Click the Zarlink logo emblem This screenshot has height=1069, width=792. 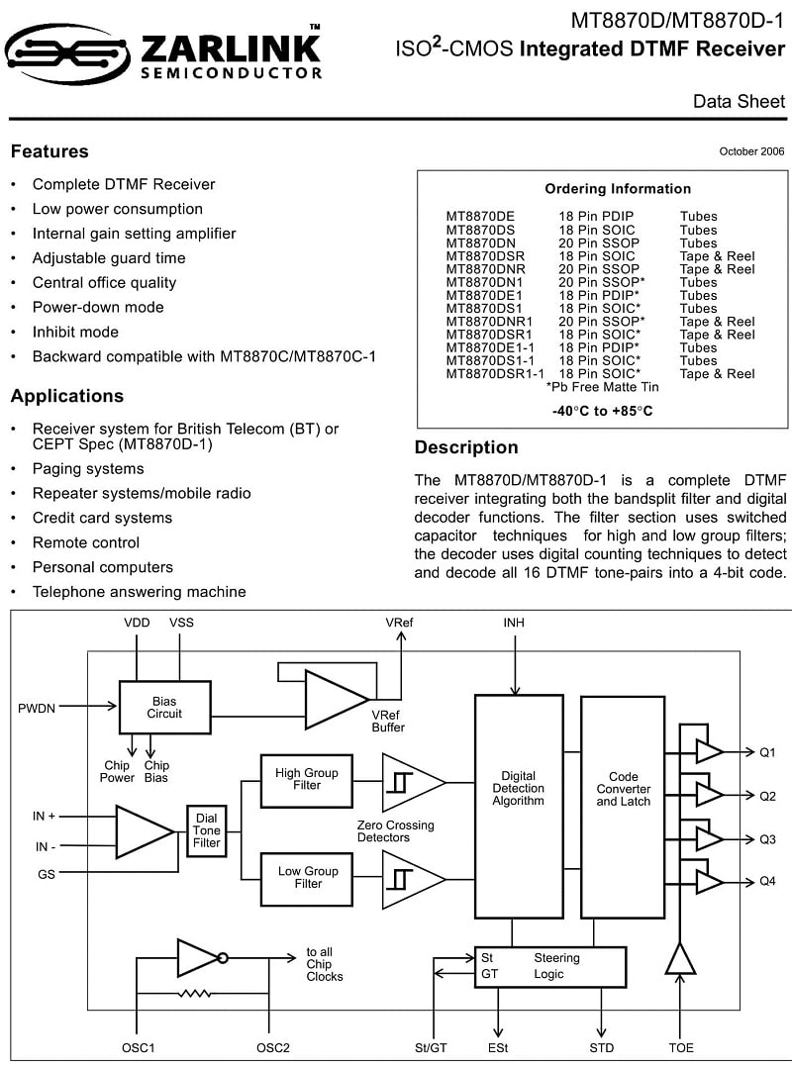click(x=67, y=53)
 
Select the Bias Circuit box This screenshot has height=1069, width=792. click(x=164, y=707)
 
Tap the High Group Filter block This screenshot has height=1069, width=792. click(x=306, y=781)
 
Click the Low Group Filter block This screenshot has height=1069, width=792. click(x=306, y=879)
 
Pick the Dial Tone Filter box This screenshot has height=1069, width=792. click(x=206, y=830)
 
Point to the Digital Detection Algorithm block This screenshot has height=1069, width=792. click(x=519, y=806)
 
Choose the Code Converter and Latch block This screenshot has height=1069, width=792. click(x=622, y=807)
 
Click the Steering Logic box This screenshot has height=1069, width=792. click(x=549, y=967)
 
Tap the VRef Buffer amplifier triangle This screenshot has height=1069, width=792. click(x=336, y=700)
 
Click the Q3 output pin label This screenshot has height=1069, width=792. click(x=767, y=839)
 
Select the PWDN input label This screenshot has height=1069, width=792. click(x=37, y=709)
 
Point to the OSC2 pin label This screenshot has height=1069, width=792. click(x=273, y=1048)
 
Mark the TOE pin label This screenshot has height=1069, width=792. click(x=681, y=1048)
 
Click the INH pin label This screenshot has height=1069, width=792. click(x=514, y=623)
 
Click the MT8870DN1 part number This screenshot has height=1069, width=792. click(x=484, y=282)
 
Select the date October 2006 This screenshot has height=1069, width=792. click(x=751, y=151)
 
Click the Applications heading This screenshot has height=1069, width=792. click(x=67, y=396)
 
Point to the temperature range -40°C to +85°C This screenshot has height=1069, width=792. click(x=602, y=411)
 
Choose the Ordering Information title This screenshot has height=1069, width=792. click(x=618, y=189)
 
